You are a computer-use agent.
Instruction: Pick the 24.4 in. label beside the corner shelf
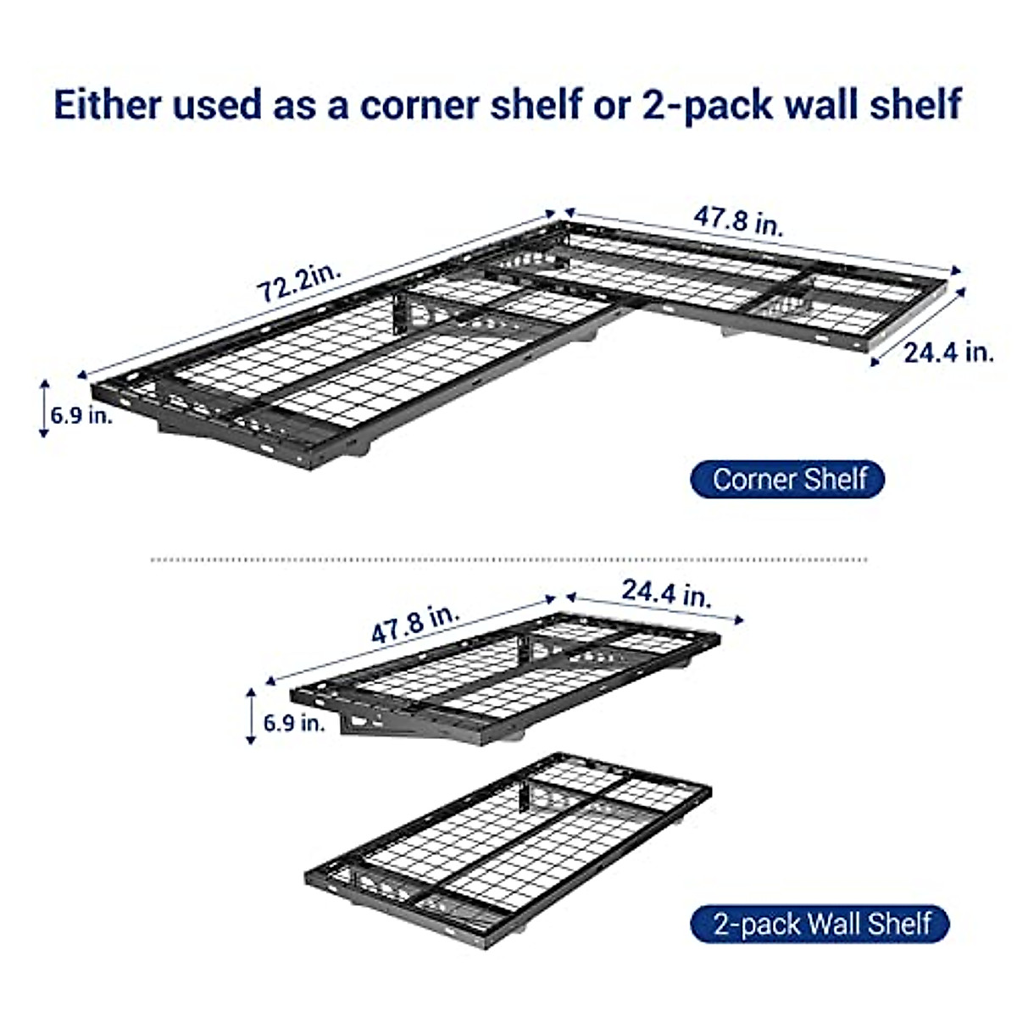pyautogui.click(x=948, y=352)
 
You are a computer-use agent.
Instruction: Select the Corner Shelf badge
pyautogui.click(x=787, y=479)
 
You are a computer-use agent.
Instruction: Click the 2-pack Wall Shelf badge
pyautogui.click(x=820, y=923)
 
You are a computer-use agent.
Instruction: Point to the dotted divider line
pyautogui.click(x=508, y=559)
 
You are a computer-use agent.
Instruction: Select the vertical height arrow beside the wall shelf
pyautogui.click(x=250, y=716)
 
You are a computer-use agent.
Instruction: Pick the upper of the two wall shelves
pyautogui.click(x=508, y=678)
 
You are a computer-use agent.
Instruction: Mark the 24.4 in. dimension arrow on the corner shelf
pyautogui.click(x=920, y=326)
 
